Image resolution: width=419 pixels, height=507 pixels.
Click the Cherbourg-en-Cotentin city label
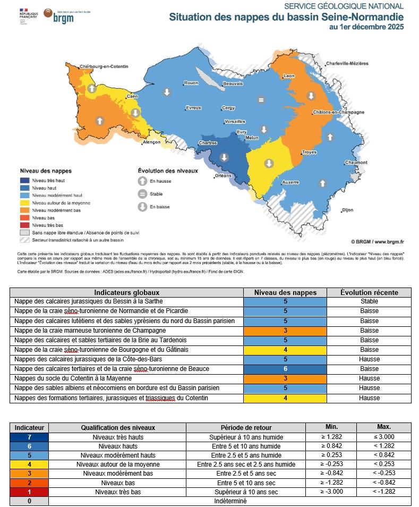[104, 66]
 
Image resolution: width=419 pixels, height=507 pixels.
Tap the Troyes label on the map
[309, 153]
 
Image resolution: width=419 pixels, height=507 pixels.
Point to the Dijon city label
[348, 210]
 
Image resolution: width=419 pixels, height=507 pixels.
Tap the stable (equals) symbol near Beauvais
[260, 99]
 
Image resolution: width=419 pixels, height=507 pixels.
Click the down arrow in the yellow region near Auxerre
[269, 163]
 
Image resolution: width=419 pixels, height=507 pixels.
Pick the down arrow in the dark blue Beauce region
[224, 157]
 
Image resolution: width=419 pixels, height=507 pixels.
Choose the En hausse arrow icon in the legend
[142, 181]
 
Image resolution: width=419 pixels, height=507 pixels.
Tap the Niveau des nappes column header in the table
[285, 292]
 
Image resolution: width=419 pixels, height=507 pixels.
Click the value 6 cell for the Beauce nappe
[285, 369]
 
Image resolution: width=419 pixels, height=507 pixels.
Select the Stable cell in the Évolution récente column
[369, 301]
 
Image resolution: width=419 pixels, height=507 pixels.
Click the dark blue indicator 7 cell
[29, 437]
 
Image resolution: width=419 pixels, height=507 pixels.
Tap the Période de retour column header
[245, 427]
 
